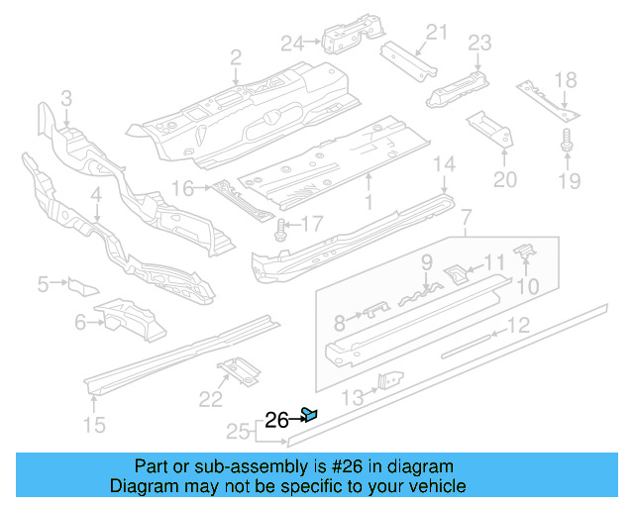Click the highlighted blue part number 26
point(310,414)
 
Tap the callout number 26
point(277,420)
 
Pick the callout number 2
point(236,58)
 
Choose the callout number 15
point(93,427)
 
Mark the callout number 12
point(518,325)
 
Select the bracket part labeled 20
point(490,126)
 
